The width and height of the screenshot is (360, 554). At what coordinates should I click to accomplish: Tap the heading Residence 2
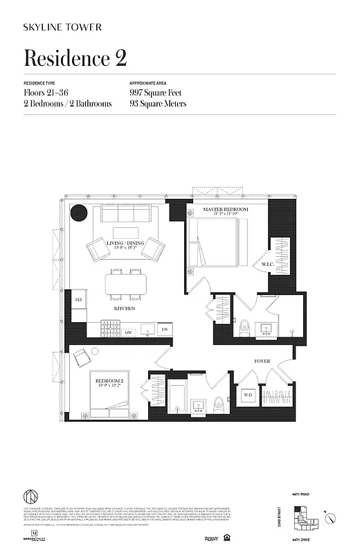[x=75, y=58]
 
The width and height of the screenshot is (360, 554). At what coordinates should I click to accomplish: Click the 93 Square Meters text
[x=158, y=104]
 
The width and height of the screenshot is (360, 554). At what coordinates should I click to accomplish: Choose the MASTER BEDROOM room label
[x=225, y=209]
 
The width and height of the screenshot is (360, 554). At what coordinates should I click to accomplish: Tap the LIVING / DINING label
[x=125, y=244]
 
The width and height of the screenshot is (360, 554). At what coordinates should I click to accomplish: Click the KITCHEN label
[x=125, y=308]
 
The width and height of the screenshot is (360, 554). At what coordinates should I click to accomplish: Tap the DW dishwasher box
[x=164, y=329]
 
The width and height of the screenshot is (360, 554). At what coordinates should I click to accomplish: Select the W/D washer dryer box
[x=247, y=397]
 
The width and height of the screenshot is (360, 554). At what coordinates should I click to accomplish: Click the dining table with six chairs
[x=126, y=283]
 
